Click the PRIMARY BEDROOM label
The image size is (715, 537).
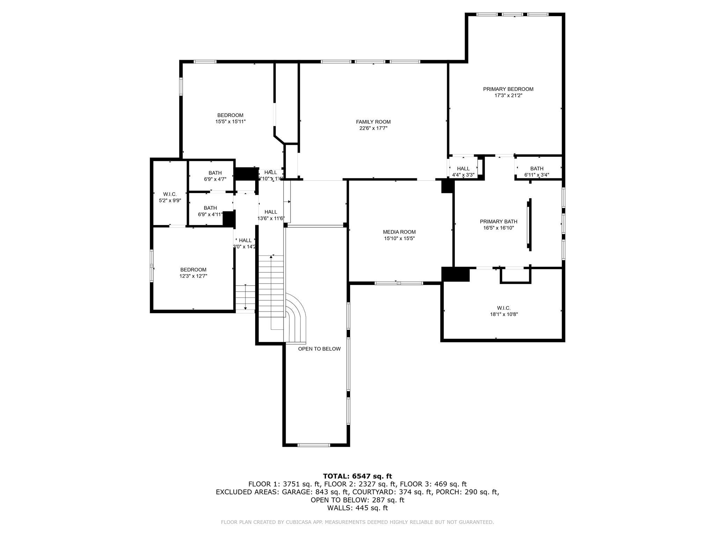[508, 89]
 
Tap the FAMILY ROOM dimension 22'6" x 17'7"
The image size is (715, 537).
[373, 128]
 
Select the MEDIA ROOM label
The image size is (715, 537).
[399, 232]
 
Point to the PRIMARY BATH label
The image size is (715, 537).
[498, 222]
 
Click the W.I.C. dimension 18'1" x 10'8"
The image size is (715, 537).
[503, 314]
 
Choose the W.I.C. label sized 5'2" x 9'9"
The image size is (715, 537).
[170, 194]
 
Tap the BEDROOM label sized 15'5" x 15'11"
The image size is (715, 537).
[230, 115]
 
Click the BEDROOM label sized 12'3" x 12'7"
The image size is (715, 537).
[193, 270]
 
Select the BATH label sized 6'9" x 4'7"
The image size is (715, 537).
[215, 173]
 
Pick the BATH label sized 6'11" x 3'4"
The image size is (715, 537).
[537, 169]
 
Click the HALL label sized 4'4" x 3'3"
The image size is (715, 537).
[463, 169]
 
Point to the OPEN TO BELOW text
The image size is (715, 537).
[319, 349]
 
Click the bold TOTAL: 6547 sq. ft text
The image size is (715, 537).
[357, 476]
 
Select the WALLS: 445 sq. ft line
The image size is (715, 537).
[357, 508]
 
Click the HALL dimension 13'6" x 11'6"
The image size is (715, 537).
[271, 219]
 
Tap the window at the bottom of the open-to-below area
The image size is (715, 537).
[314, 445]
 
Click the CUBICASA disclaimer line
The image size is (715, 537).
[357, 522]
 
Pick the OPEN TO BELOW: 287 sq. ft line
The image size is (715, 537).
[357, 500]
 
